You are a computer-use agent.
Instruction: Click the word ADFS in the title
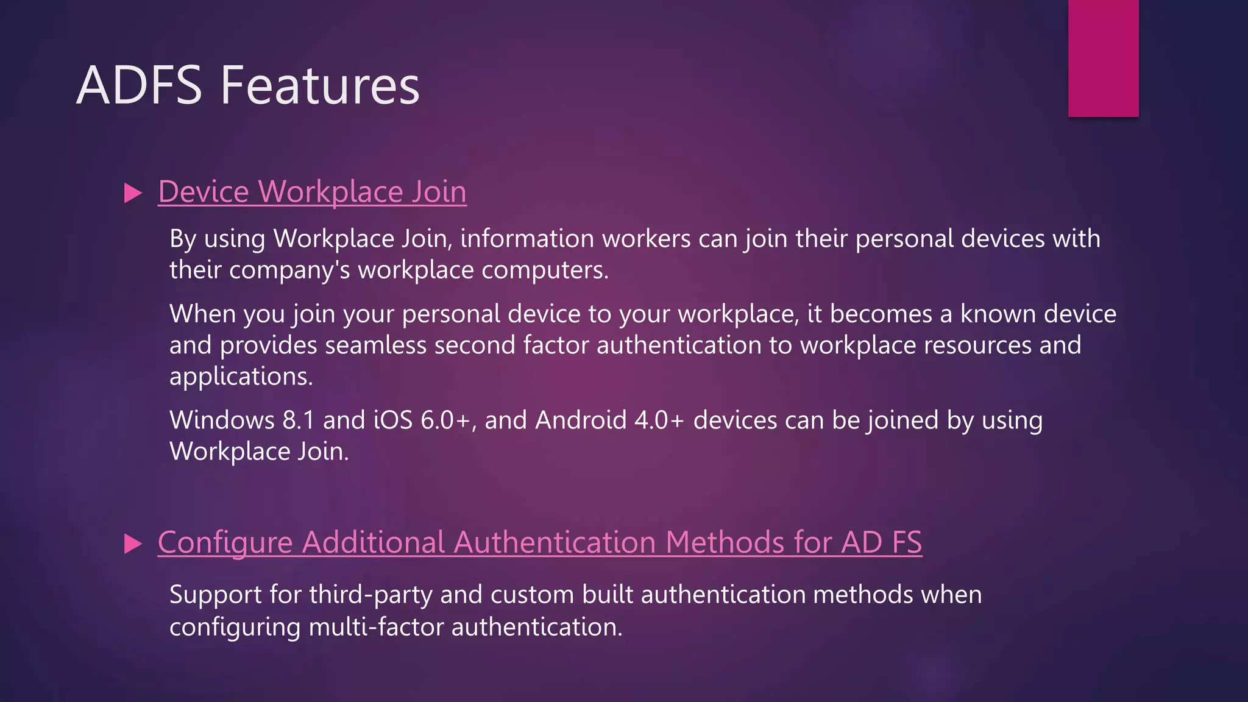139,85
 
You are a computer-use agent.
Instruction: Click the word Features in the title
320,85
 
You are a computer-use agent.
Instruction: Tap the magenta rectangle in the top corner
1103,58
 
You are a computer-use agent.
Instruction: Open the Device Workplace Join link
312,192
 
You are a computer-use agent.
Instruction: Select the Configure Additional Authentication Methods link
539,542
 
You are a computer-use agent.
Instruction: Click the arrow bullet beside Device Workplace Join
132,193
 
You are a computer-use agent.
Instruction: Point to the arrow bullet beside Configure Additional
132,544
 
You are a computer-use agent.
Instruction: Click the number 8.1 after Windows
298,420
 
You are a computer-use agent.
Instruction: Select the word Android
581,420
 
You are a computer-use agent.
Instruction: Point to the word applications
241,377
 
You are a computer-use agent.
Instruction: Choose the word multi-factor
376,627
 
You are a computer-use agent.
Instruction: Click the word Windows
222,420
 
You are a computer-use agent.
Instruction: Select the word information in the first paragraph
527,238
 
